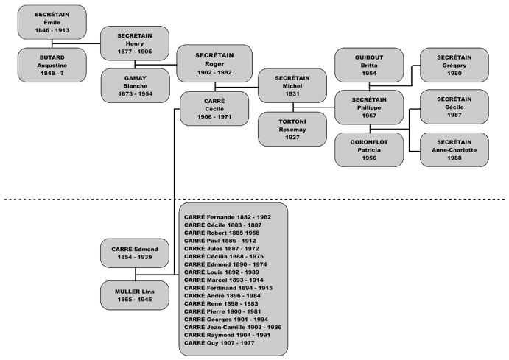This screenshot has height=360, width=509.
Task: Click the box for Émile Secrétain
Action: tap(52, 22)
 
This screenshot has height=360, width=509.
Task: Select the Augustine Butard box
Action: tap(52, 66)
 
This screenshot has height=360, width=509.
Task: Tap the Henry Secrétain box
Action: tap(135, 43)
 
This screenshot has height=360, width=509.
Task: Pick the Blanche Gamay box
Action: tap(136, 85)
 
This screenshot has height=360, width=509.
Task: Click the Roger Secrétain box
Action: tap(214, 63)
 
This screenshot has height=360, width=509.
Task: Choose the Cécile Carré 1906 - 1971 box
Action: tap(214, 109)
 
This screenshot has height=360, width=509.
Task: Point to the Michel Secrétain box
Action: tap(292, 85)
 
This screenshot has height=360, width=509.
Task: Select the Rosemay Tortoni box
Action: tap(292, 129)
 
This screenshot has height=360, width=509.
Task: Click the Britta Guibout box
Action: tap(369, 66)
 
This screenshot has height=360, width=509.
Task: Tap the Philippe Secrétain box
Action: tap(369, 107)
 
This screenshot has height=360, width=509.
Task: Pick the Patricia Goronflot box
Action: tap(369, 150)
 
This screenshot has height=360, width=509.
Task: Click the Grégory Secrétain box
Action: tap(454, 66)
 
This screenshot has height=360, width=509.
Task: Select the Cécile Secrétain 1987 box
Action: tap(454, 107)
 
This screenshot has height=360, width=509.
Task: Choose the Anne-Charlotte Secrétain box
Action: tap(454, 150)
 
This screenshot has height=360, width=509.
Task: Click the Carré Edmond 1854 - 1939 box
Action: tap(135, 253)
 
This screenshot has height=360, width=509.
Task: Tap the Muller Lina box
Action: tap(135, 295)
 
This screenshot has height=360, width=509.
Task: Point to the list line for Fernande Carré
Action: tap(228, 217)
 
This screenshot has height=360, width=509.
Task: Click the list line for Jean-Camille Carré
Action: tap(233, 327)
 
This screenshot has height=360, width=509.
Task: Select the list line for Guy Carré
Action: tap(219, 343)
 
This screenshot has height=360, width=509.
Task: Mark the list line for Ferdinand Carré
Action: tap(228, 288)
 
